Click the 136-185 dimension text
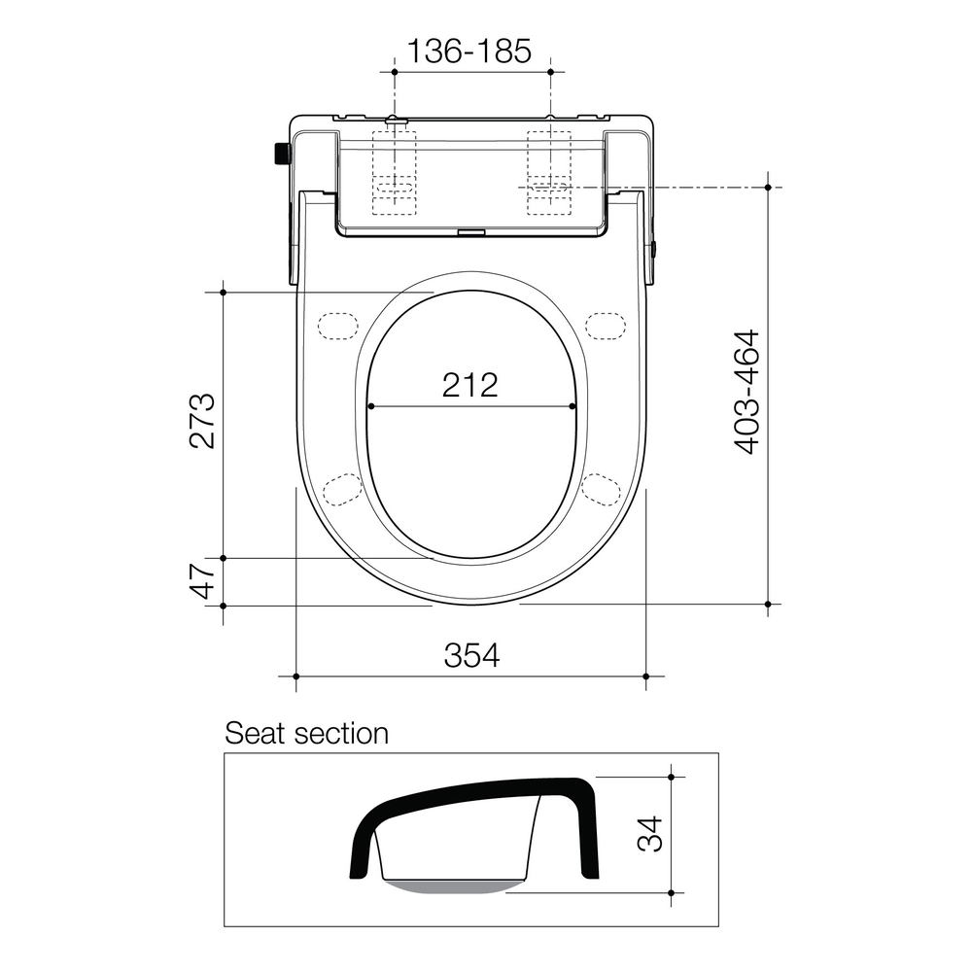[469, 51]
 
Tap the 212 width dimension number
[469, 385]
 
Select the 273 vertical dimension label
[202, 420]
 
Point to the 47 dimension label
[202, 581]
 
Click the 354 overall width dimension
[471, 656]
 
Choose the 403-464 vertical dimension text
[746, 392]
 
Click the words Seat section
[306, 733]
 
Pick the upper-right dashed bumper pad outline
[605, 325]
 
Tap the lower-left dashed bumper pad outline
[342, 488]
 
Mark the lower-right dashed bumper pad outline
[601, 488]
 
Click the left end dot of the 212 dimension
[369, 406]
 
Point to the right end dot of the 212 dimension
[573, 406]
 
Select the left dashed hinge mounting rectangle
[395, 172]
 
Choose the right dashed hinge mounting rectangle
[547, 172]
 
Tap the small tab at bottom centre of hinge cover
[471, 232]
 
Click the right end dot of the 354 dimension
[646, 676]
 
